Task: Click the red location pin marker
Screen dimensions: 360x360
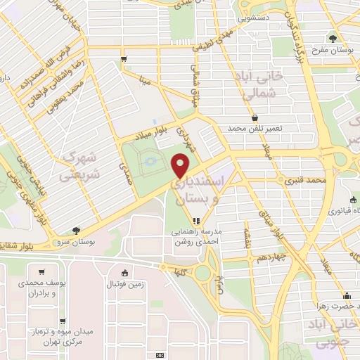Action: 181,165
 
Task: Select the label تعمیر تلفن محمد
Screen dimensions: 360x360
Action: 254,129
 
